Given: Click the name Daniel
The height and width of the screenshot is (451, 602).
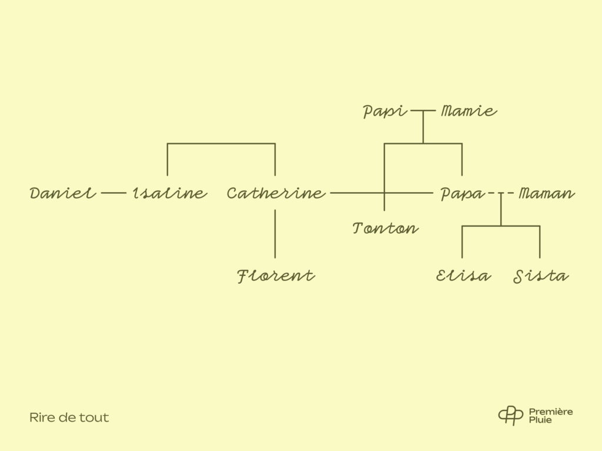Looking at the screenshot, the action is tap(63, 193).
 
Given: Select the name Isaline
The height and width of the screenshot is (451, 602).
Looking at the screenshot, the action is tap(170, 193).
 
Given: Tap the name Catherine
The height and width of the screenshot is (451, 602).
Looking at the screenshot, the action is tap(276, 193).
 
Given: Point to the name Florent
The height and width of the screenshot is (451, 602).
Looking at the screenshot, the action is tap(276, 276).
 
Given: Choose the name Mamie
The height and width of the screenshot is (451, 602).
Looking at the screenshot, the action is tap(469, 111).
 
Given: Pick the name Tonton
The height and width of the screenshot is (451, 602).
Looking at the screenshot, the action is tap(386, 228).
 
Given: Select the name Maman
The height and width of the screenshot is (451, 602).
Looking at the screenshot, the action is tap(547, 193).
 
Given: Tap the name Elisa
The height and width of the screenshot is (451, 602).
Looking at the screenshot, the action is tap(463, 276).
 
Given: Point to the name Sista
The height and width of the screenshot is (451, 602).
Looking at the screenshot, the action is tap(541, 276).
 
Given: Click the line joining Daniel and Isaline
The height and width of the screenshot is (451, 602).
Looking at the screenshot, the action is tap(113, 193).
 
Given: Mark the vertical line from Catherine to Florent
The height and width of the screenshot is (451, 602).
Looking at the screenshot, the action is tap(275, 234).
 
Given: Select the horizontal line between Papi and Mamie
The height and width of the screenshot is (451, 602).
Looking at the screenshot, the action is tap(423, 111).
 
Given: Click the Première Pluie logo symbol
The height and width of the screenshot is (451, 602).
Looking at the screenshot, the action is tap(511, 415).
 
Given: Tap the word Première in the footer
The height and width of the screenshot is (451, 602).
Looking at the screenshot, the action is tap(551, 412).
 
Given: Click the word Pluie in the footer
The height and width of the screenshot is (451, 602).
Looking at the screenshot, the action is tap(540, 420).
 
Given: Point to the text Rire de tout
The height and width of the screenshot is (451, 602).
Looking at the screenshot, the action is tap(69, 418).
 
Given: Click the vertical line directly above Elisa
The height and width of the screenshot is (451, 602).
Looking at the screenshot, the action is tap(462, 242).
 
